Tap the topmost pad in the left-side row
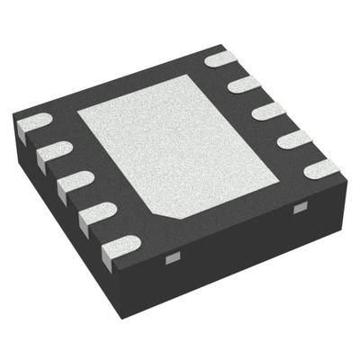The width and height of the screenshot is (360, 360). (33, 123)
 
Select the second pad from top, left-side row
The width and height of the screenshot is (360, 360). (55, 152)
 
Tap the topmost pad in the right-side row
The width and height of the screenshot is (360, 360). (220, 60)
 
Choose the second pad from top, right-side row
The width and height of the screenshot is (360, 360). (245, 85)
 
